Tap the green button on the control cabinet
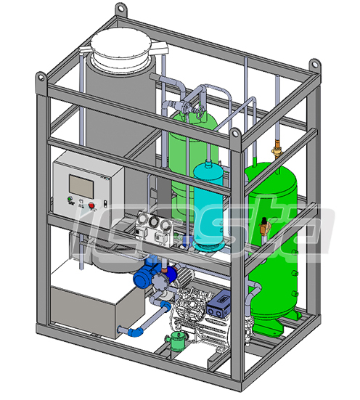(x=70, y=199)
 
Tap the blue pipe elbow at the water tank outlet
(x=136, y=332)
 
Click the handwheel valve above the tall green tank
(x=194, y=104)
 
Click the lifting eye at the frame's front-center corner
(x=236, y=134)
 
